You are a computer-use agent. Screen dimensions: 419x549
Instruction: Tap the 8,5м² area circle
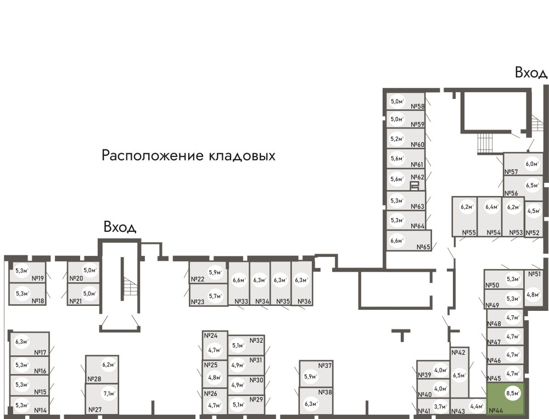tap(514, 393)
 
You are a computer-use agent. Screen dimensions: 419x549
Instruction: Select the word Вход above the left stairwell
tap(120, 227)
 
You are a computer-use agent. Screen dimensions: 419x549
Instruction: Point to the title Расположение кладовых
tap(188, 155)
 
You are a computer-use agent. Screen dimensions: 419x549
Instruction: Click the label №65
tap(422, 247)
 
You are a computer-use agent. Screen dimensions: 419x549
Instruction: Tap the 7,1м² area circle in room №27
tap(109, 393)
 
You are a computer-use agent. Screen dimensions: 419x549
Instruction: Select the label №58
tap(418, 107)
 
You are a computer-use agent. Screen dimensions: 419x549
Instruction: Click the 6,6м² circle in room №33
tap(239, 281)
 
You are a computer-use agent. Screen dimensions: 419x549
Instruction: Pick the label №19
tap(38, 270)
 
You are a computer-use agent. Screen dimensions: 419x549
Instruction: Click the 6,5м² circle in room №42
tap(460, 376)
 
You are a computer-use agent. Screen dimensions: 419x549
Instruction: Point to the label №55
tap(468, 233)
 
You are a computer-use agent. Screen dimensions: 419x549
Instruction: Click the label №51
tap(534, 273)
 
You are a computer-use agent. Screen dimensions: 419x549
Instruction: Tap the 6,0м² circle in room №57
tap(531, 163)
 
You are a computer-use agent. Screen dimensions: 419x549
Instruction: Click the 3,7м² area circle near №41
tap(439, 407)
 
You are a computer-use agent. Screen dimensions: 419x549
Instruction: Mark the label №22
tap(198, 279)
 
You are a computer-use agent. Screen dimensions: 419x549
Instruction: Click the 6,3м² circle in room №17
tap(22, 341)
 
